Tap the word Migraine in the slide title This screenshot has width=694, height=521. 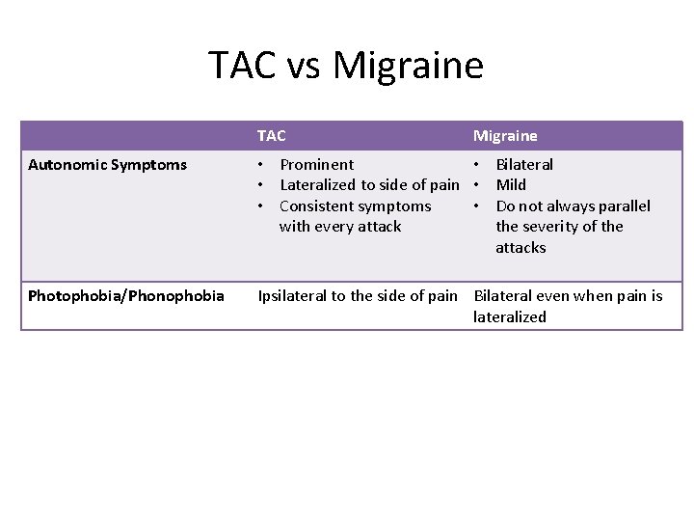pyautogui.click(x=408, y=66)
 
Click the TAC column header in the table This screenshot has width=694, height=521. pyautogui.click(x=271, y=136)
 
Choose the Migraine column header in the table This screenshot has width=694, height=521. pyautogui.click(x=505, y=136)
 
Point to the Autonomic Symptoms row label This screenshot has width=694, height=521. pyautogui.click(x=108, y=165)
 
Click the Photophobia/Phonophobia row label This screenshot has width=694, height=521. pyautogui.click(x=126, y=296)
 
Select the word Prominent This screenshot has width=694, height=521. pyautogui.click(x=316, y=165)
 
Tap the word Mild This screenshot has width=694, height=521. pyautogui.click(x=511, y=185)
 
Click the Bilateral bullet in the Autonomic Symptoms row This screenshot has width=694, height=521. pyautogui.click(x=524, y=165)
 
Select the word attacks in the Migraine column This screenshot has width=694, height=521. pyautogui.click(x=520, y=248)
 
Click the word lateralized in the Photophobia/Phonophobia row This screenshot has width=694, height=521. pyautogui.click(x=509, y=317)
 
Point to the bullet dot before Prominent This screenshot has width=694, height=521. pyautogui.click(x=261, y=165)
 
